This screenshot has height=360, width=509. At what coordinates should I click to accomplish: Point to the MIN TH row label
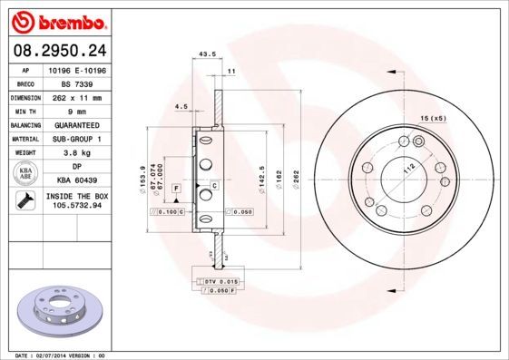(24, 110)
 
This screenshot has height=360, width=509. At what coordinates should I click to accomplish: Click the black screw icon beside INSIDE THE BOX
(24, 201)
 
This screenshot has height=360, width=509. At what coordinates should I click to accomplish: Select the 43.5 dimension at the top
(206, 54)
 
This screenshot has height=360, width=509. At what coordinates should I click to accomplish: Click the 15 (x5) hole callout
(433, 119)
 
